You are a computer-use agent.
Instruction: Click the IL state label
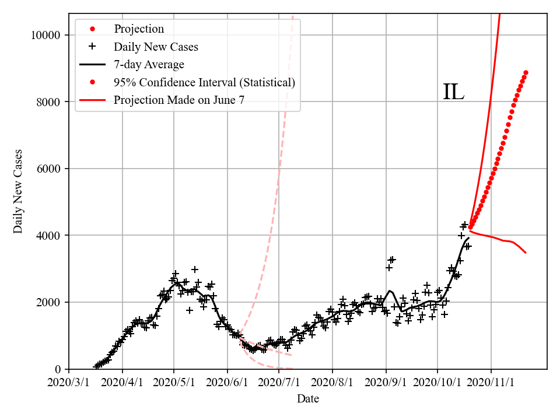pos(453,92)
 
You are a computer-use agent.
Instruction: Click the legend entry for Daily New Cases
pos(156,47)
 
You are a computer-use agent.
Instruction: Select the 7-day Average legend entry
pos(149,64)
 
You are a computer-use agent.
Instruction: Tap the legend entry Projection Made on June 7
pos(179,100)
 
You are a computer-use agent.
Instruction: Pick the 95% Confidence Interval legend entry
pos(204,82)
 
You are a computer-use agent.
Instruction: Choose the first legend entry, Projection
pos(139,29)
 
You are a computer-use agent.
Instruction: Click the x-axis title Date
pos(307,399)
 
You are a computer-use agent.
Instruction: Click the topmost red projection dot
pos(526,72)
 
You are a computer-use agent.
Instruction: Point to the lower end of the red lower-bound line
pos(526,253)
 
